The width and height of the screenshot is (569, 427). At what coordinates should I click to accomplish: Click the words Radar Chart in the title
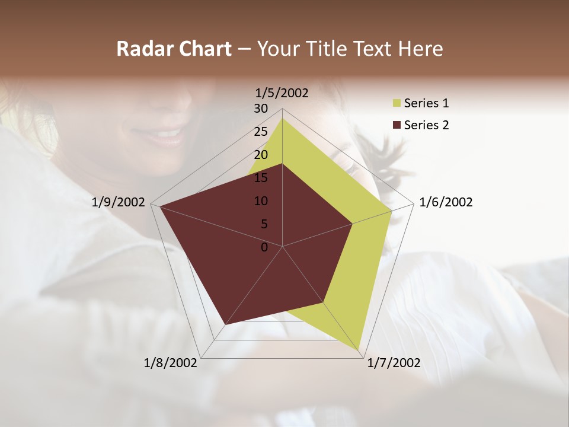coord(173,49)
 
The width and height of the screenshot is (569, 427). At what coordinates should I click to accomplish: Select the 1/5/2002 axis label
coord(282,93)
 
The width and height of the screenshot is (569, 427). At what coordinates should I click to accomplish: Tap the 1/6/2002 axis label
coord(446,203)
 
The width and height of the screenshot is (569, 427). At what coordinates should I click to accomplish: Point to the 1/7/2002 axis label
coord(394,363)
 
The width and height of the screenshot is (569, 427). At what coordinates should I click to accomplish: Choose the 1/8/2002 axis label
coord(171,363)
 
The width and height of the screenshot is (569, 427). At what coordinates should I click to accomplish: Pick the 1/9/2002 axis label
coord(119,203)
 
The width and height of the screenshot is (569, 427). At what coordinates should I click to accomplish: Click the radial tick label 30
coord(261,109)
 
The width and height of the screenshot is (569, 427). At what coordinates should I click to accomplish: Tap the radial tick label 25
coord(261,132)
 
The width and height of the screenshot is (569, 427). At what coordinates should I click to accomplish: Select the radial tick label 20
coord(261,155)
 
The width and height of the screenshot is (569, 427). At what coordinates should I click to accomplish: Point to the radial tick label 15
coord(261,178)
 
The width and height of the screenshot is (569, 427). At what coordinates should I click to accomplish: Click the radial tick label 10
coord(261,201)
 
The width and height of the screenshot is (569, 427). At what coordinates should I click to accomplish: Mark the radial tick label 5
coord(264,224)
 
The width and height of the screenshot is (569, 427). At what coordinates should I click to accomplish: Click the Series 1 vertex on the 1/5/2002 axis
coord(282,118)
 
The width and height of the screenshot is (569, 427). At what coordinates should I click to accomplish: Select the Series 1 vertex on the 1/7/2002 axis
coord(359,350)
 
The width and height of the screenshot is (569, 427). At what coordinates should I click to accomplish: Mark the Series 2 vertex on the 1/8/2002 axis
coord(226,324)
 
